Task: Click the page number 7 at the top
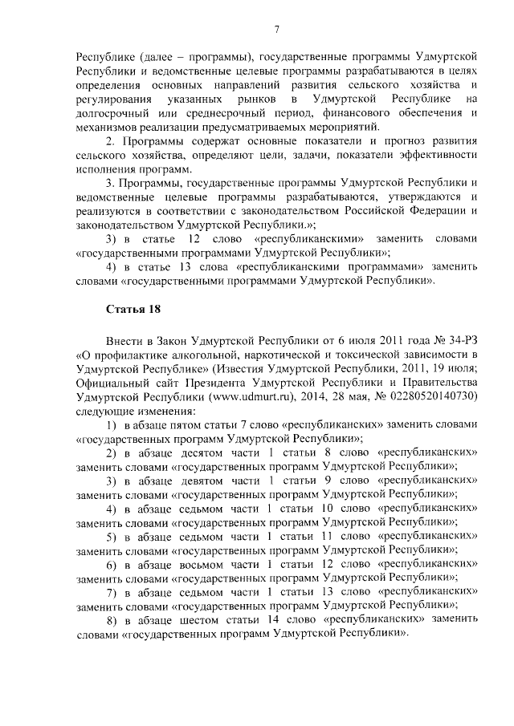tap(275, 30)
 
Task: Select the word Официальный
tap(113, 382)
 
